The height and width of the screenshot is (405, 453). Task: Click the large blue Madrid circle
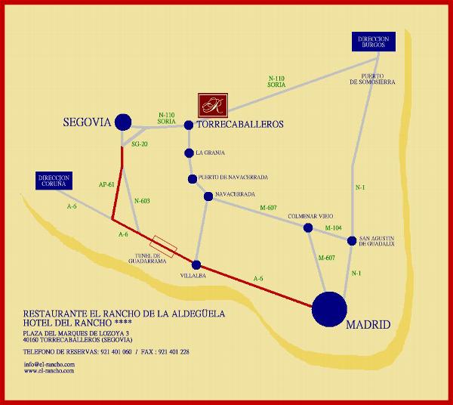[x=329, y=309]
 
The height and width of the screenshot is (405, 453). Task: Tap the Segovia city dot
[x=122, y=122]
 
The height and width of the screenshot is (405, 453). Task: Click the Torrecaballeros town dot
[x=189, y=125]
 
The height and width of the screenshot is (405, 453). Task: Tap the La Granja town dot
[x=189, y=153]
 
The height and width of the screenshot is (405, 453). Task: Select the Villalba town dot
[x=196, y=265]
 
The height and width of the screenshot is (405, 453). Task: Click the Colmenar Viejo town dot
[x=308, y=227]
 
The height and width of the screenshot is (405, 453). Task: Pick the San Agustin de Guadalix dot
[x=351, y=241]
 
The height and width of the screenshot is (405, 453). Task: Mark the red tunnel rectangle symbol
[x=164, y=244]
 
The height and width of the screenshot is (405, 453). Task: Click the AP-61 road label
[x=106, y=184]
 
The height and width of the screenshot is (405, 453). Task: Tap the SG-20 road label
[x=140, y=144]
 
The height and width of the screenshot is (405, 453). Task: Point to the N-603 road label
[x=142, y=200]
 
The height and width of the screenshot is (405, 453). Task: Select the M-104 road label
[x=333, y=227]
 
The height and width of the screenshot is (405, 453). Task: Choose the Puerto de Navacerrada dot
[x=193, y=178]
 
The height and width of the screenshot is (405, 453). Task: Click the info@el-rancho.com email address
[x=48, y=364]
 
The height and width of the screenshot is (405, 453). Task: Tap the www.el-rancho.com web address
[x=48, y=371]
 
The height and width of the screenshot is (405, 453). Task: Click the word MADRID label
[x=368, y=325]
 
